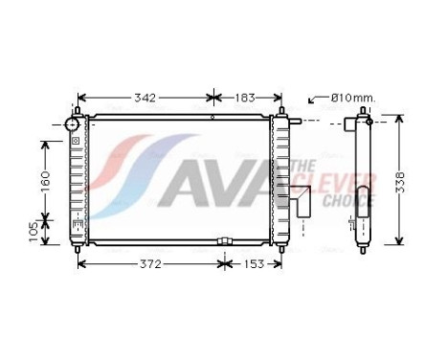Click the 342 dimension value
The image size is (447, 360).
145,98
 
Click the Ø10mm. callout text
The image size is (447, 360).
352,98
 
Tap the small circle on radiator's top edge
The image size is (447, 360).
212,118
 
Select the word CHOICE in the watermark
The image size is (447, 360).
351,199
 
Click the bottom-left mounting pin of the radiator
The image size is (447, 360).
77,247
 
